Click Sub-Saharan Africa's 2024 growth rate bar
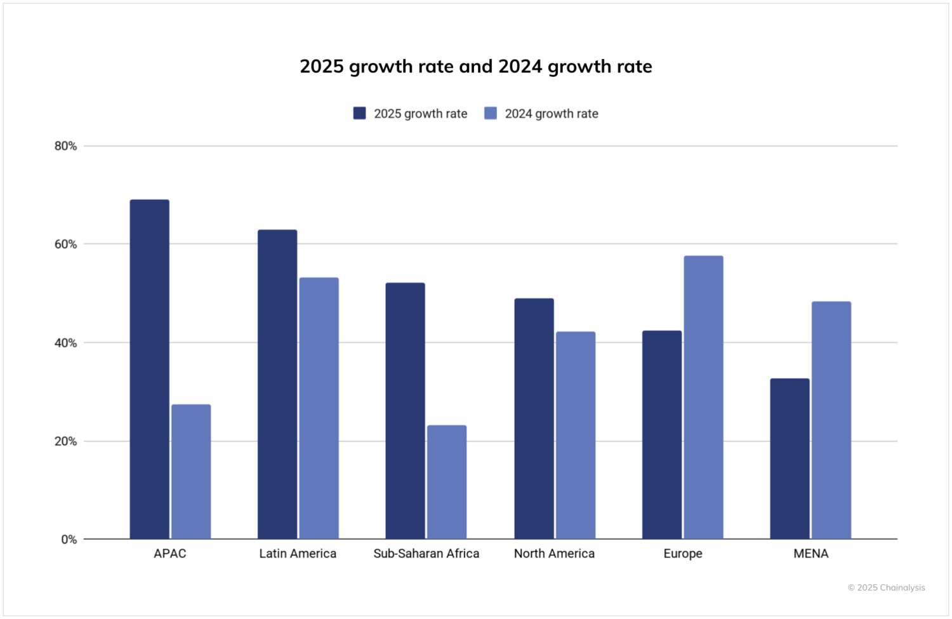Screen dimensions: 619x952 tap(447, 482)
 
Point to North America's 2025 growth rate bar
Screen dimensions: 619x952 tap(534, 418)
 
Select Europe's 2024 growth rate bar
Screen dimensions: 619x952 tap(703, 397)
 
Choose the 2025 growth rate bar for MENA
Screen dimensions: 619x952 tap(790, 458)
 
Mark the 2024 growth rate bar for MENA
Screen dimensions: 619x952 tap(831, 420)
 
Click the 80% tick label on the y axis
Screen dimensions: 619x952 tap(65, 146)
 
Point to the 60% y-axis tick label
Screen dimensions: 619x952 tap(65, 244)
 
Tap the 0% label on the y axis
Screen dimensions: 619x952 tap(69, 540)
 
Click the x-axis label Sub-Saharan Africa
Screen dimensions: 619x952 tap(426, 554)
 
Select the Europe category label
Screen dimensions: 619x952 tap(683, 554)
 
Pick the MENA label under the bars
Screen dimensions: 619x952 tap(810, 554)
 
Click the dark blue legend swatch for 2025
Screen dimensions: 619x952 tap(359, 114)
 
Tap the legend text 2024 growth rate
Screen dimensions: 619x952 tap(551, 114)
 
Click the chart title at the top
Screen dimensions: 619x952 tap(475, 67)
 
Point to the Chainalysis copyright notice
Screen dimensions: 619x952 tap(886, 588)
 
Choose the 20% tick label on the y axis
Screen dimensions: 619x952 tap(65, 441)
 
